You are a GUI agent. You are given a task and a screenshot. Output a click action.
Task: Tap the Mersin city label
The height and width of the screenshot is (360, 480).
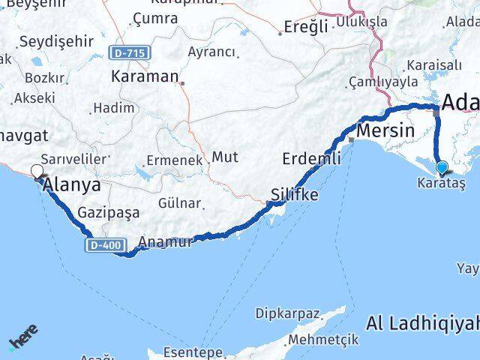pos(385,130)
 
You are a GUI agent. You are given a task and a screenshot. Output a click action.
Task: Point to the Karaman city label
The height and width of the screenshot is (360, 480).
pos(144,76)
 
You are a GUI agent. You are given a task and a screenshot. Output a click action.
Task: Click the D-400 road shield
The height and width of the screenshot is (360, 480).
pos(103,244)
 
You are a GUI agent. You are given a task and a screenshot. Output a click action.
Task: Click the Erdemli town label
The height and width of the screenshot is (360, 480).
pos(311,159)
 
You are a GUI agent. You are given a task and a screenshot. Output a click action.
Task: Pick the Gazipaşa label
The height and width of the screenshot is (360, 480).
pos(109,213)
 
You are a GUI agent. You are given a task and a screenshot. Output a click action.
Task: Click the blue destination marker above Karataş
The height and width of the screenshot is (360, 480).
pos(442,168)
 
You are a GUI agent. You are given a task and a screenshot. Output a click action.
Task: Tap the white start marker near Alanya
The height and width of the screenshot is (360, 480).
pos(37,171)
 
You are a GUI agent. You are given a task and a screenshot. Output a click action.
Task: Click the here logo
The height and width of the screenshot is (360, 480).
pos(22,341)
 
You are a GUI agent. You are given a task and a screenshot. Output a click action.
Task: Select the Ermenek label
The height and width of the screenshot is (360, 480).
pos(175,160)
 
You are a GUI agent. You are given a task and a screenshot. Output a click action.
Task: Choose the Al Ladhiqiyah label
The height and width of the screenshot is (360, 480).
pos(424,323)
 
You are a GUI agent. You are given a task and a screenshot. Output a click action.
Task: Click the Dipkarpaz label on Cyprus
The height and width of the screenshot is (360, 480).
pos(288,312)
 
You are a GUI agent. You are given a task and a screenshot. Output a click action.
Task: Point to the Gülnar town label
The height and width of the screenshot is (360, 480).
pos(179,203)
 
